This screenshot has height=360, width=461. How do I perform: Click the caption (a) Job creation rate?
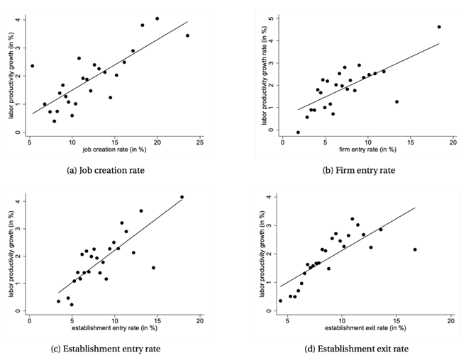[x=114, y=171]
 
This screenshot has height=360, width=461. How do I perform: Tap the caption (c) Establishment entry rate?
[x=114, y=348]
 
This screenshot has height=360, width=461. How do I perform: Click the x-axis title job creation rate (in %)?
[x=113, y=150]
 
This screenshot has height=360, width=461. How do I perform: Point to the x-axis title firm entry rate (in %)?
[x=360, y=150]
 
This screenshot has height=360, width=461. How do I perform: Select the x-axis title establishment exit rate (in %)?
[x=365, y=328]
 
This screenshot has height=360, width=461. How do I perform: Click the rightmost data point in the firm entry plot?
[x=439, y=27]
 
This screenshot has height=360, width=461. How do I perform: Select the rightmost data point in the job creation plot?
[x=187, y=35]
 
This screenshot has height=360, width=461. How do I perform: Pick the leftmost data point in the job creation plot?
[x=32, y=66]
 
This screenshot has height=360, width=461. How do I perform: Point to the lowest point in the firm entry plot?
[x=298, y=132]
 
